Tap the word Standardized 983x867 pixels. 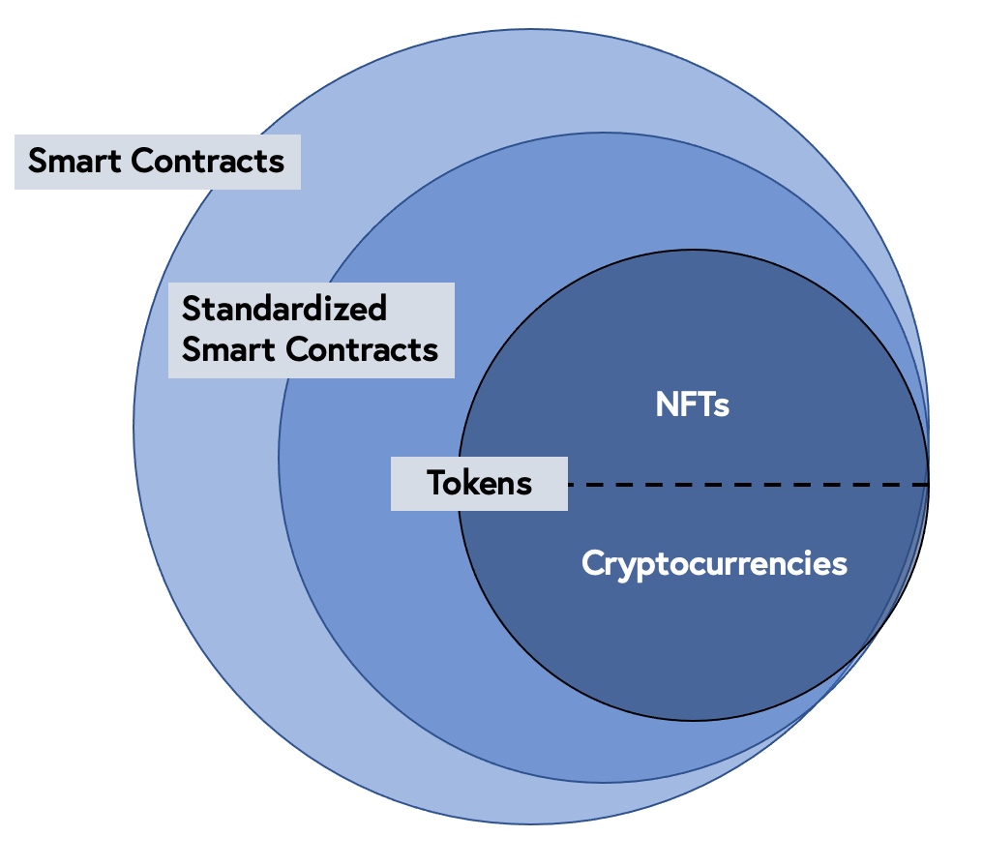pos(284,309)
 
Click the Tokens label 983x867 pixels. pos(480,483)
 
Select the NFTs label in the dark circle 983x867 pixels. pos(692,404)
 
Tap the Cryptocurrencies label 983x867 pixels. pos(714,563)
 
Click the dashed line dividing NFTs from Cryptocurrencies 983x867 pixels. pos(745,484)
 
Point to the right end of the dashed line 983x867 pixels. pos(926,484)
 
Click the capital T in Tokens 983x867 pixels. pos(436,483)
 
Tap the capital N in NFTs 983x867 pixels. pos(667,404)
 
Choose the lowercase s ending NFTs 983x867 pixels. pos(722,406)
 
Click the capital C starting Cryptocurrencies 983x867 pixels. pos(592,563)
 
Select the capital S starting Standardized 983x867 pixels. pos(192,309)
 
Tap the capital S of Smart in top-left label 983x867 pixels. pos(38,161)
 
